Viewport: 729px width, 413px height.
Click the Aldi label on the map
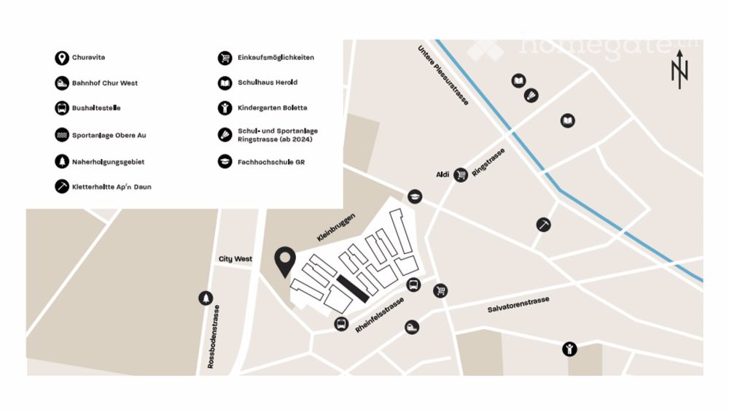(442, 174)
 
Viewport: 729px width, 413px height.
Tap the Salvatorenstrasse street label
(518, 305)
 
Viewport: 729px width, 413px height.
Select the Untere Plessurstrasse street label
(443, 75)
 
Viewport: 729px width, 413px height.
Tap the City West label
(235, 259)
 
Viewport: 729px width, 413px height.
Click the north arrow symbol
(679, 70)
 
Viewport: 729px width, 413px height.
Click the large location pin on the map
(285, 261)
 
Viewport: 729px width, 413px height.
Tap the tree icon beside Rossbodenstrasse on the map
(206, 298)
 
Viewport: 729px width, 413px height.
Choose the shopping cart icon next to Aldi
(461, 174)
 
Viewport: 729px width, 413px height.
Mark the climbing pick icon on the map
(543, 225)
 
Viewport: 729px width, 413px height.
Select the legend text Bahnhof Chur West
(104, 83)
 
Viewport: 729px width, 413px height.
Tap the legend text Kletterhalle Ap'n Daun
(112, 187)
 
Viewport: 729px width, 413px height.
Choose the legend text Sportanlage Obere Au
(109, 136)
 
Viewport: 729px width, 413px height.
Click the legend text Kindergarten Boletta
(272, 108)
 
